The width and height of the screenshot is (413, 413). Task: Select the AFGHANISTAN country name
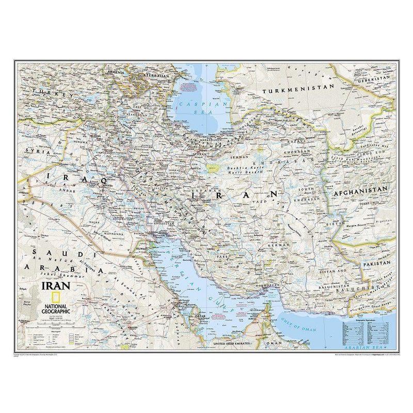click(x=360, y=190)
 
